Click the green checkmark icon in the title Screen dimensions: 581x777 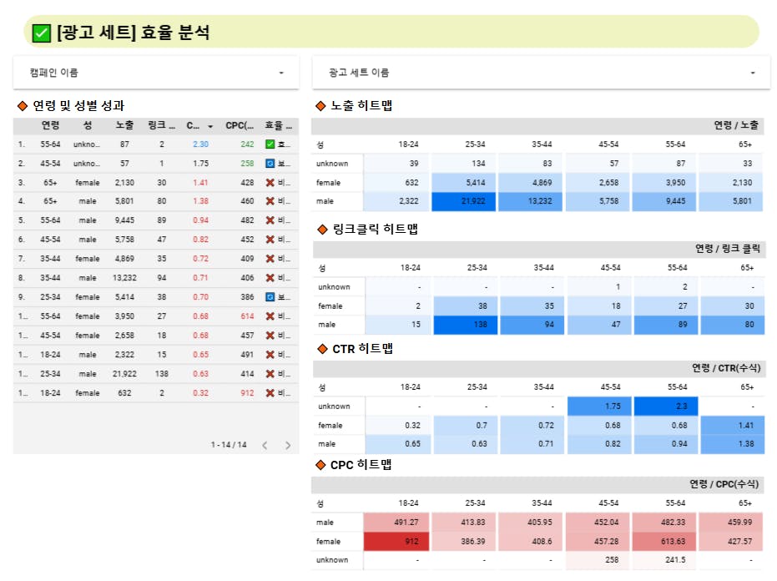(41, 33)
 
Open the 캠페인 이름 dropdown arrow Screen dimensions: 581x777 (281, 73)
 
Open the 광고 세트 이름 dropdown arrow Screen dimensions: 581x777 (753, 73)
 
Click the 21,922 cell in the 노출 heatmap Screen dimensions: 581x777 (462, 201)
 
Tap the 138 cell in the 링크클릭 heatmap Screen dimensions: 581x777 (462, 324)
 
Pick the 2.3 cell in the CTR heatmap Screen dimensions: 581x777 (664, 407)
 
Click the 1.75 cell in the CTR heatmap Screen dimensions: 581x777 (598, 407)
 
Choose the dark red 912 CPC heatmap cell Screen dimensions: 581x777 (396, 541)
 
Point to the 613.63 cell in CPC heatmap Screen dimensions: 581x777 (664, 541)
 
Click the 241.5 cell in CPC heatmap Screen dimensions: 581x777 (664, 560)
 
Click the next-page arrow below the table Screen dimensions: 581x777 (288, 446)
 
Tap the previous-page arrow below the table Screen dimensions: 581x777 (265, 446)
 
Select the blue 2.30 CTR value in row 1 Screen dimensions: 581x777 (200, 144)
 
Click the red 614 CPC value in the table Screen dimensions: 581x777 (247, 316)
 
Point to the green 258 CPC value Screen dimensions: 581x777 (247, 164)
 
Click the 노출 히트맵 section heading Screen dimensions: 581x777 (361, 106)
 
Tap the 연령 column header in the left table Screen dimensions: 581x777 (51, 126)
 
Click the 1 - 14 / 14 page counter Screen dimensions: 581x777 (229, 446)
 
